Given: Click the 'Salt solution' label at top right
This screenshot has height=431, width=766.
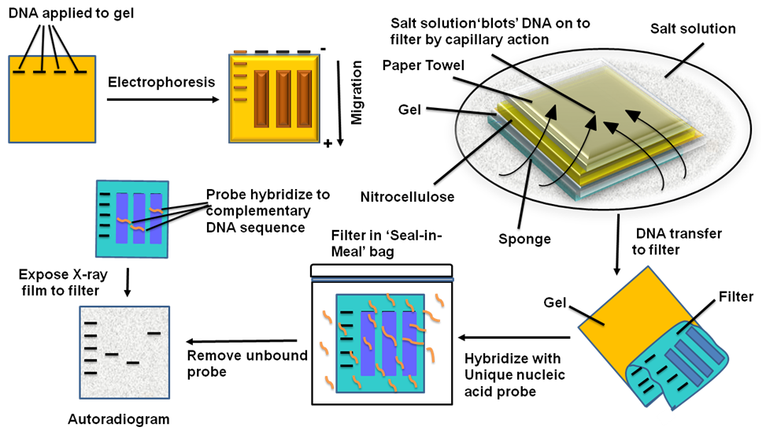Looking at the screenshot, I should [693, 29].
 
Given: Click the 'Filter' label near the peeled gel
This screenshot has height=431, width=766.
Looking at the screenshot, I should [735, 297].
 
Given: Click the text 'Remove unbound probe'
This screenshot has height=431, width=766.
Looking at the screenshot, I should [246, 363].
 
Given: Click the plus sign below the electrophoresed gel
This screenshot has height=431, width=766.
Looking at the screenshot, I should [327, 143].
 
